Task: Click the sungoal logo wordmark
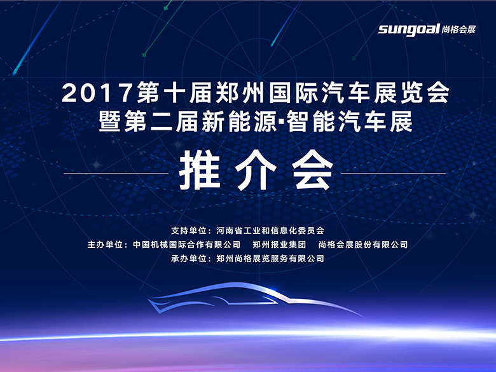click(x=409, y=29)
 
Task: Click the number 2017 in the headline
click(x=97, y=93)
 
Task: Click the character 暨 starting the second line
click(x=110, y=122)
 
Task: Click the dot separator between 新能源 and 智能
click(x=281, y=122)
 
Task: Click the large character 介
click(x=255, y=171)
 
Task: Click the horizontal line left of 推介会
click(x=116, y=174)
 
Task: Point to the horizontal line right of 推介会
click(x=393, y=174)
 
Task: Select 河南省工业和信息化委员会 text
click(x=270, y=231)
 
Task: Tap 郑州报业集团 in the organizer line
click(x=279, y=245)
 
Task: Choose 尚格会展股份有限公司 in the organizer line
click(x=363, y=245)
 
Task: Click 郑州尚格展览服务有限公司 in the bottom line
click(x=270, y=258)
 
